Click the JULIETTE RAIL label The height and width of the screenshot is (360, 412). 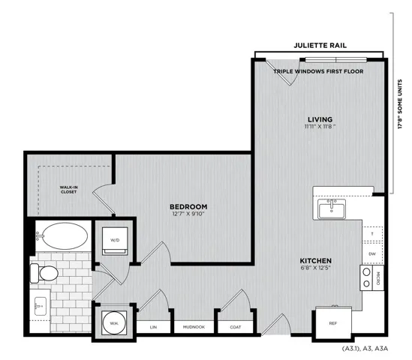(320, 46)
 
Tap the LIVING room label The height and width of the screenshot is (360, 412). (320, 119)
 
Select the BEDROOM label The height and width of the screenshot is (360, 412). (188, 207)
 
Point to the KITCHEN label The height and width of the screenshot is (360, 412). (316, 261)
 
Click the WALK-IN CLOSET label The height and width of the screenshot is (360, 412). (68, 190)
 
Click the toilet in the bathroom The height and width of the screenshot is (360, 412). (44, 273)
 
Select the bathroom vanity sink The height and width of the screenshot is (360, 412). (40, 306)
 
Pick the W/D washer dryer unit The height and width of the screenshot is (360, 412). (115, 241)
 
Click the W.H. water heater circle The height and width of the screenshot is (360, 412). (114, 323)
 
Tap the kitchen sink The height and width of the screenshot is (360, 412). (332, 208)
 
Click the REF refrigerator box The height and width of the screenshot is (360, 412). (333, 323)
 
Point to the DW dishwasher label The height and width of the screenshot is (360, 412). (372, 254)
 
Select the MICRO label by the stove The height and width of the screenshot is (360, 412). (378, 278)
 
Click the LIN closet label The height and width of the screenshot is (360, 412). (153, 327)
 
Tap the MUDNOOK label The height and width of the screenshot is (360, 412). (194, 327)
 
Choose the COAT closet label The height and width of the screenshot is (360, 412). (236, 327)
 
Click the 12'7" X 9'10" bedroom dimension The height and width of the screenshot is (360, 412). (188, 214)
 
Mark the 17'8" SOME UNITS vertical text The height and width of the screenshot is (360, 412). (400, 104)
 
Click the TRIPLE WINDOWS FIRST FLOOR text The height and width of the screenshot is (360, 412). (318, 71)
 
